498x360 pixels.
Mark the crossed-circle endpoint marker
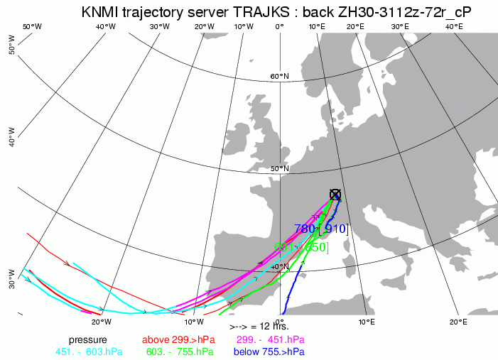point(335,195)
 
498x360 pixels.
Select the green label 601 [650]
point(301,247)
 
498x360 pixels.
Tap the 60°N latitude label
point(279,76)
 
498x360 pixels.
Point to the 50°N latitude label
point(280,168)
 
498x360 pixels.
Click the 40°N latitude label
point(278,266)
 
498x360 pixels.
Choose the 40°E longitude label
point(454,26)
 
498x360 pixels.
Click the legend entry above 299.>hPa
point(178,339)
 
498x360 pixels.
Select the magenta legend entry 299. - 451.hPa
point(270,339)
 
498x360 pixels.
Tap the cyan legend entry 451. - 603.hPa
point(89,351)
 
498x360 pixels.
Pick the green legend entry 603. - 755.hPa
point(179,351)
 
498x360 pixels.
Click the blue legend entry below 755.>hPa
point(271,351)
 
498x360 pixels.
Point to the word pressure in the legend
point(88,339)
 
